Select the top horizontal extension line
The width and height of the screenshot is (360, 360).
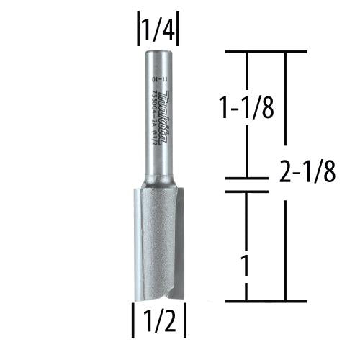coord(266,52)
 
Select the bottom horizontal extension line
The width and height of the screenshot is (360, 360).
coord(266,301)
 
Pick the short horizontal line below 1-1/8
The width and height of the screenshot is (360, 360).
coord(247,179)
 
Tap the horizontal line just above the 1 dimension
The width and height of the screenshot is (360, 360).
coord(247,192)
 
